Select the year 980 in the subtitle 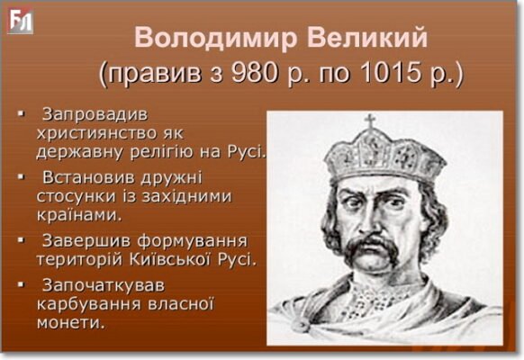(x=259, y=72)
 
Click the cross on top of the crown (x=369, y=121)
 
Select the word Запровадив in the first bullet (x=94, y=115)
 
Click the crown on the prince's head (x=371, y=153)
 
